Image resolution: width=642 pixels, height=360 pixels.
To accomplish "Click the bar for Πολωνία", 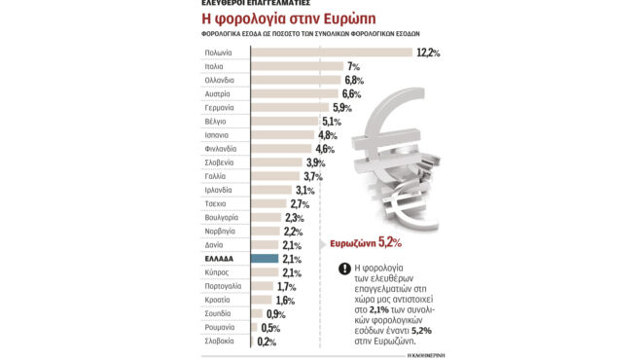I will click(x=331, y=53).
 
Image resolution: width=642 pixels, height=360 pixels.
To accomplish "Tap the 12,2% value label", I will click(x=428, y=53).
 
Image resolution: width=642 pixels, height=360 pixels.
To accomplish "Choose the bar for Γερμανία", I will click(x=291, y=108).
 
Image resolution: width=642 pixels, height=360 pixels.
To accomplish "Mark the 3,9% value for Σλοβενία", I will click(x=315, y=162).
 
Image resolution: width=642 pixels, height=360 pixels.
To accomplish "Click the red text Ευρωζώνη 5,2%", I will click(x=366, y=242).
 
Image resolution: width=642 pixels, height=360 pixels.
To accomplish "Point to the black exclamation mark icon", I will click(x=344, y=270).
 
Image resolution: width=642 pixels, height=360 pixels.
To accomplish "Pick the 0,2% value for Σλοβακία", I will click(x=267, y=342).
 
